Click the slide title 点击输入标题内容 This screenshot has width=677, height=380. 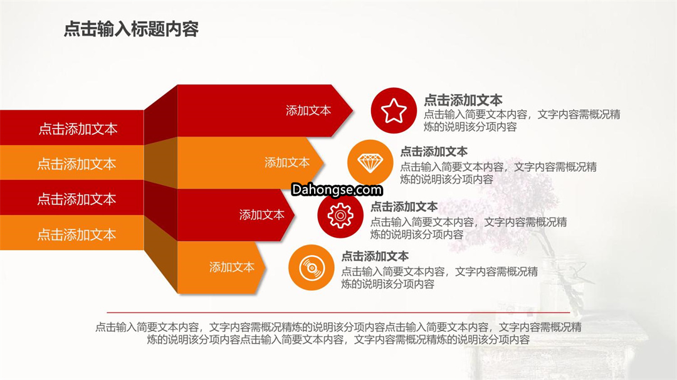pos(131,29)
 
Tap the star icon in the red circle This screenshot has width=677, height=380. pos(393,110)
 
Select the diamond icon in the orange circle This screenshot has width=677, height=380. pos(370,163)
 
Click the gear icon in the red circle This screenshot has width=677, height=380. pos(340,215)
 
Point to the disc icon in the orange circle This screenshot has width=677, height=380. pos(312,267)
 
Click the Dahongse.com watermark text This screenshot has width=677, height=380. pos(337,189)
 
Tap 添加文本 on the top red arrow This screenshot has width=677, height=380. pos(308,110)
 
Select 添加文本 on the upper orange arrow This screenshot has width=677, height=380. pos(287,162)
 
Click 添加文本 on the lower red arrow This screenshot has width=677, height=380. pos(261,214)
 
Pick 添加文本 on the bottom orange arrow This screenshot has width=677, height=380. pos(232,267)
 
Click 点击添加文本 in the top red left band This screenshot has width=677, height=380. pos(78,129)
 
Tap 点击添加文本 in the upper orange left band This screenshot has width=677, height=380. pos(77,164)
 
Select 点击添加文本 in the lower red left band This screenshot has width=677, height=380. pos(77,199)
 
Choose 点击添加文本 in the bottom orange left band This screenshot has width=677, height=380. pos(77,235)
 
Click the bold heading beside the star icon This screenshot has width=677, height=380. pos(463,100)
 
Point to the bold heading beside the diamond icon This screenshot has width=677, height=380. pos(434,152)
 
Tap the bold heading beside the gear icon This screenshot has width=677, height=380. pos(404,206)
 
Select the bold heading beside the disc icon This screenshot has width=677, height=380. pos(375,256)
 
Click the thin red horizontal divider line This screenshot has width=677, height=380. pos(338,312)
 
